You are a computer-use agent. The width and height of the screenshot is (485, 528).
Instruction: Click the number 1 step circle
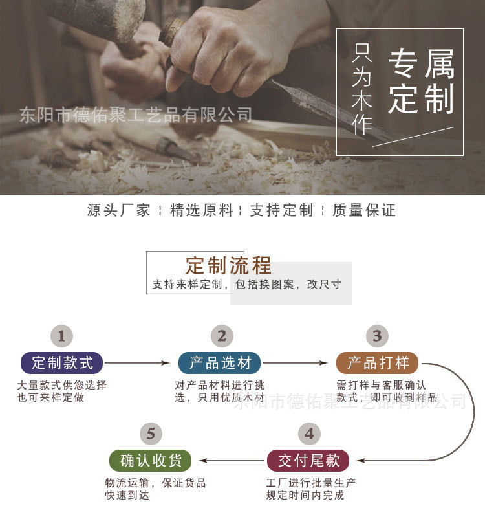pyautogui.click(x=61, y=336)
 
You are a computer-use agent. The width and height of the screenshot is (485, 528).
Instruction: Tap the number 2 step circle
pyautogui.click(x=222, y=336)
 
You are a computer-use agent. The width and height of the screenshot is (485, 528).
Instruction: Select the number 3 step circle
pyautogui.click(x=377, y=336)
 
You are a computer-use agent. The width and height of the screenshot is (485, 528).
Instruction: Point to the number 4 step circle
pyautogui.click(x=309, y=434)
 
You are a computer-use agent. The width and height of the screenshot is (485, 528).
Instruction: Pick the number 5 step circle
pyautogui.click(x=151, y=434)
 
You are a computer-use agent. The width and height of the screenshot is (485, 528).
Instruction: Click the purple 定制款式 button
pyautogui.click(x=62, y=363)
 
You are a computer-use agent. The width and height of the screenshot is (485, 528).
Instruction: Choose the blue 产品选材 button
pyautogui.click(x=220, y=363)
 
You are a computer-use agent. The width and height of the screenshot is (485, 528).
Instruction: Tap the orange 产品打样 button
pyautogui.click(x=377, y=362)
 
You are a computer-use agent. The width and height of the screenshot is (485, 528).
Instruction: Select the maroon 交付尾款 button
pyautogui.click(x=308, y=461)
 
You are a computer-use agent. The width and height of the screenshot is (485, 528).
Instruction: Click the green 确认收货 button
pyautogui.click(x=151, y=461)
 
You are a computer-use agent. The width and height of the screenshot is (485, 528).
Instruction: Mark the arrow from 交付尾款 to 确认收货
pyautogui.click(x=232, y=461)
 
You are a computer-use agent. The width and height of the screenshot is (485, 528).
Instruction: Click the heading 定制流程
pyautogui.click(x=228, y=265)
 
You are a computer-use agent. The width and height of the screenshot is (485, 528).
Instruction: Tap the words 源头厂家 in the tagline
pyautogui.click(x=118, y=210)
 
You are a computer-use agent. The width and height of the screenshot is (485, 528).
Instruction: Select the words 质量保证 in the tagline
pyautogui.click(x=363, y=210)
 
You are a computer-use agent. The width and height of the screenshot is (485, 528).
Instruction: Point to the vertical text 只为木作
pyautogui.click(x=362, y=90)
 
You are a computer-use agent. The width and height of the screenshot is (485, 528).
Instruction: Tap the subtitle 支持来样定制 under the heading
pyautogui.click(x=188, y=285)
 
